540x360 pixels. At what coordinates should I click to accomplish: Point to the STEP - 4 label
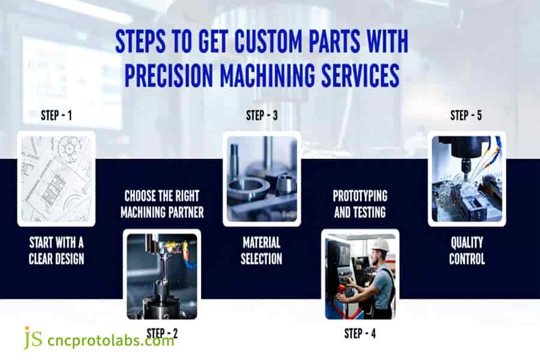(361, 334)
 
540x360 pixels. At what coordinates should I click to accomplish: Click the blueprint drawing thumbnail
(56, 178)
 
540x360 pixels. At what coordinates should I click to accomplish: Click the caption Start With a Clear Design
(56, 251)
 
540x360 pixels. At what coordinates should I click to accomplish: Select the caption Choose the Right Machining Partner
(162, 204)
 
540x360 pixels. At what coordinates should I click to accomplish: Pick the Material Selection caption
(262, 251)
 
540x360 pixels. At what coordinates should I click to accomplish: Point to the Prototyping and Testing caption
(360, 204)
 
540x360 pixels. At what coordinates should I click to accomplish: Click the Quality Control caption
(466, 251)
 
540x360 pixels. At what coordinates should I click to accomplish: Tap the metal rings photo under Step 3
(262, 178)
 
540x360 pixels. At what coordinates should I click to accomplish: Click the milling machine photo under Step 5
(466, 178)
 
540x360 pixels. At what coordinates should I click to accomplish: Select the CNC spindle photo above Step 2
(162, 274)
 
